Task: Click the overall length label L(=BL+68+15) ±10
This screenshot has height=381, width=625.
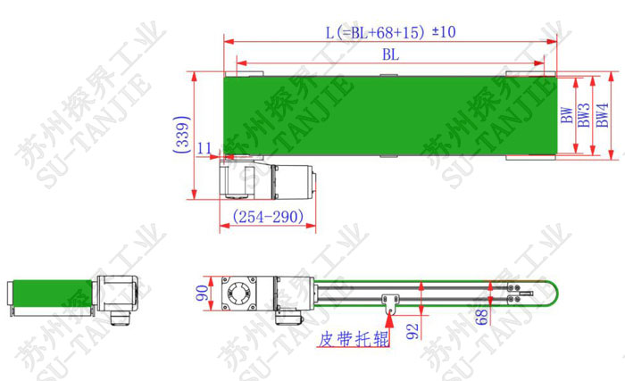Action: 391,32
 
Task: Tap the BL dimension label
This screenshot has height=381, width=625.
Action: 391,54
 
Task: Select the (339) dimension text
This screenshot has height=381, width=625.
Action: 181,135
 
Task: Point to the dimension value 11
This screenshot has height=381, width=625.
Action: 204,148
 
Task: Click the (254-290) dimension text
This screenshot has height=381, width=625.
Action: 268,217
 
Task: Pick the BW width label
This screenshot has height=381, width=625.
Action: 566,115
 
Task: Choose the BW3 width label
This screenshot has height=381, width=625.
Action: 584,115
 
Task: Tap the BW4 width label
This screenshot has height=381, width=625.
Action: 602,115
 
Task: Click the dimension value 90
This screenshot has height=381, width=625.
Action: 203,293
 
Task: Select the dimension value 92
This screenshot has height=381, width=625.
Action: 412,331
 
